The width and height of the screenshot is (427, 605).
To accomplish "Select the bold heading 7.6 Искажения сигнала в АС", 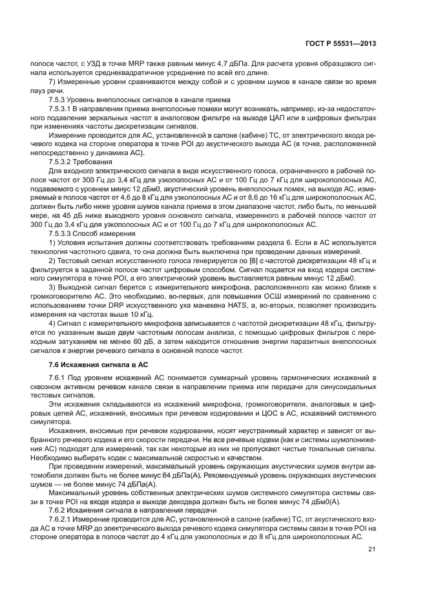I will coord(99,365).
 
